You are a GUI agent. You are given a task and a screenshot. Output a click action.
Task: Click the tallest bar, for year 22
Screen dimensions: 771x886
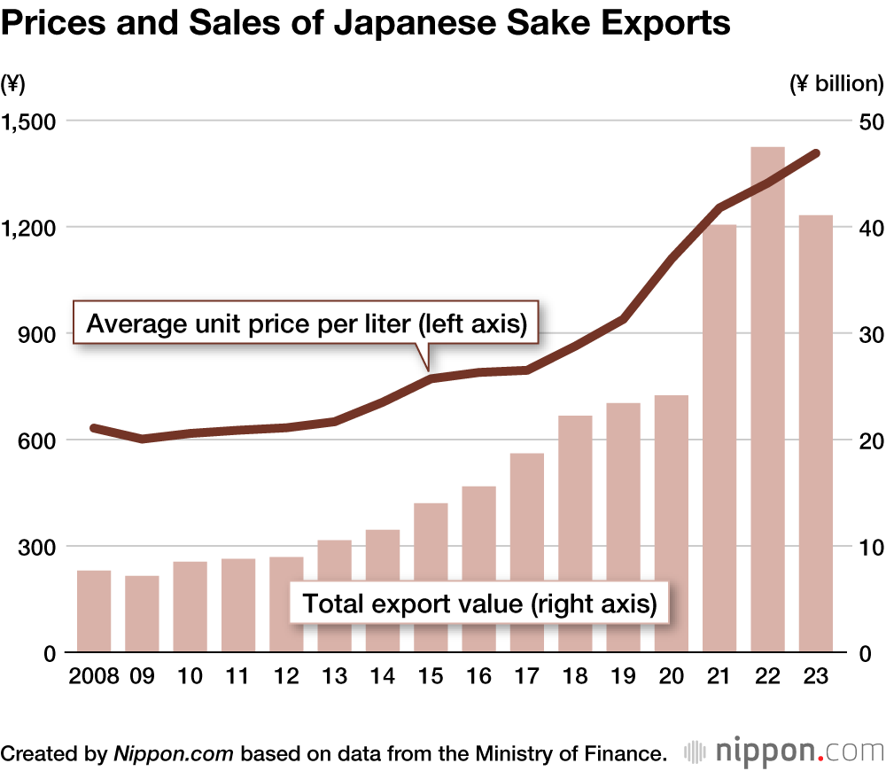tap(767, 399)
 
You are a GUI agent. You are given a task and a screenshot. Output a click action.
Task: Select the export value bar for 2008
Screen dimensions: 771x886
tap(94, 611)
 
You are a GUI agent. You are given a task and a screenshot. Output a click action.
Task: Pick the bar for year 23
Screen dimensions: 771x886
tap(815, 434)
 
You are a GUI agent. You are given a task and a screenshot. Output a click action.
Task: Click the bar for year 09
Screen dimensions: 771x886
tap(142, 614)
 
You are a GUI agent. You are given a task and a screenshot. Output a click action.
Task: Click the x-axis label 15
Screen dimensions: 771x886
tap(431, 676)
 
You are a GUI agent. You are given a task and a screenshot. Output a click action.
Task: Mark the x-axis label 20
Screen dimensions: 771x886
tap(672, 676)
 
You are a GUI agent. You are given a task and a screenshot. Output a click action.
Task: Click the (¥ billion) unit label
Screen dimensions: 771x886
tap(835, 84)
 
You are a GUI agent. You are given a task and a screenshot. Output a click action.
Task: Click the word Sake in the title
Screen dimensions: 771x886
tap(529, 24)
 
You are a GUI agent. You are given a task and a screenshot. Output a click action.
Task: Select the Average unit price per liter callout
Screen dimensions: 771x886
tap(307, 324)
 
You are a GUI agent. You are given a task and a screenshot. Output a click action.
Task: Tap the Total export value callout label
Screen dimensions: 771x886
tap(479, 604)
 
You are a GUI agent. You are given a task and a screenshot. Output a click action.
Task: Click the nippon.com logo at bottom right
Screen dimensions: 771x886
tap(785, 752)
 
